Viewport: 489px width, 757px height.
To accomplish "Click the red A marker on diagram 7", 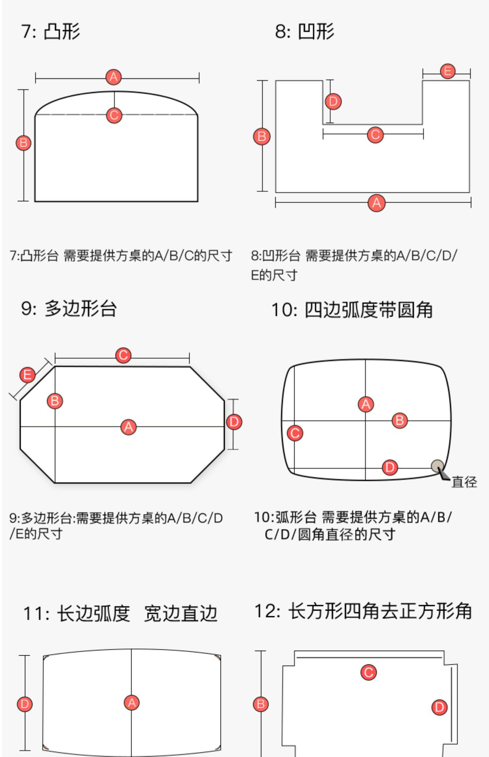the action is click(113, 77).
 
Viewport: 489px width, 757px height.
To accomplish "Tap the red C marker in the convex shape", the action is click(114, 115).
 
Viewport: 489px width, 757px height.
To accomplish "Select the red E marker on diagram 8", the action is click(448, 71).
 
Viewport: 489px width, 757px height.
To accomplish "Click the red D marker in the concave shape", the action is click(333, 101).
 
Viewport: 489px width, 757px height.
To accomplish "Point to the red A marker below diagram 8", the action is click(377, 203).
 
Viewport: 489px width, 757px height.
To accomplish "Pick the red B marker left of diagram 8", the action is click(261, 136).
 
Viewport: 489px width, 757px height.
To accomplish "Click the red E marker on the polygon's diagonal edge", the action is click(27, 375).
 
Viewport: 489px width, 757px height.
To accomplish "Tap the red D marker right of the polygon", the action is click(234, 422).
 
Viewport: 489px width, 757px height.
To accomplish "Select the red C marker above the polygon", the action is click(123, 355).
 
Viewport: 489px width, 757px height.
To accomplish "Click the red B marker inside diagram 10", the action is click(400, 420).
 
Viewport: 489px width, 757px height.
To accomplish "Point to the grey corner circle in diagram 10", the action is click(437, 466).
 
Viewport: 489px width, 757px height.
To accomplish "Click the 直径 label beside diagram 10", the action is click(464, 482).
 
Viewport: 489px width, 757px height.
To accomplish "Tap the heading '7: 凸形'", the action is click(51, 32).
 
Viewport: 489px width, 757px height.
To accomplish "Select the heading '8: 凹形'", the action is click(304, 32).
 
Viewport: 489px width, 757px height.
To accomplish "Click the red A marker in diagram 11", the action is click(132, 703).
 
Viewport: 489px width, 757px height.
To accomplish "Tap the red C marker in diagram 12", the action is click(369, 672).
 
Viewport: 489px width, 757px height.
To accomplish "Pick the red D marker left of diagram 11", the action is click(25, 704).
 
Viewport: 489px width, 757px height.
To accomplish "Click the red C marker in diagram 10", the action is click(295, 433).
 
